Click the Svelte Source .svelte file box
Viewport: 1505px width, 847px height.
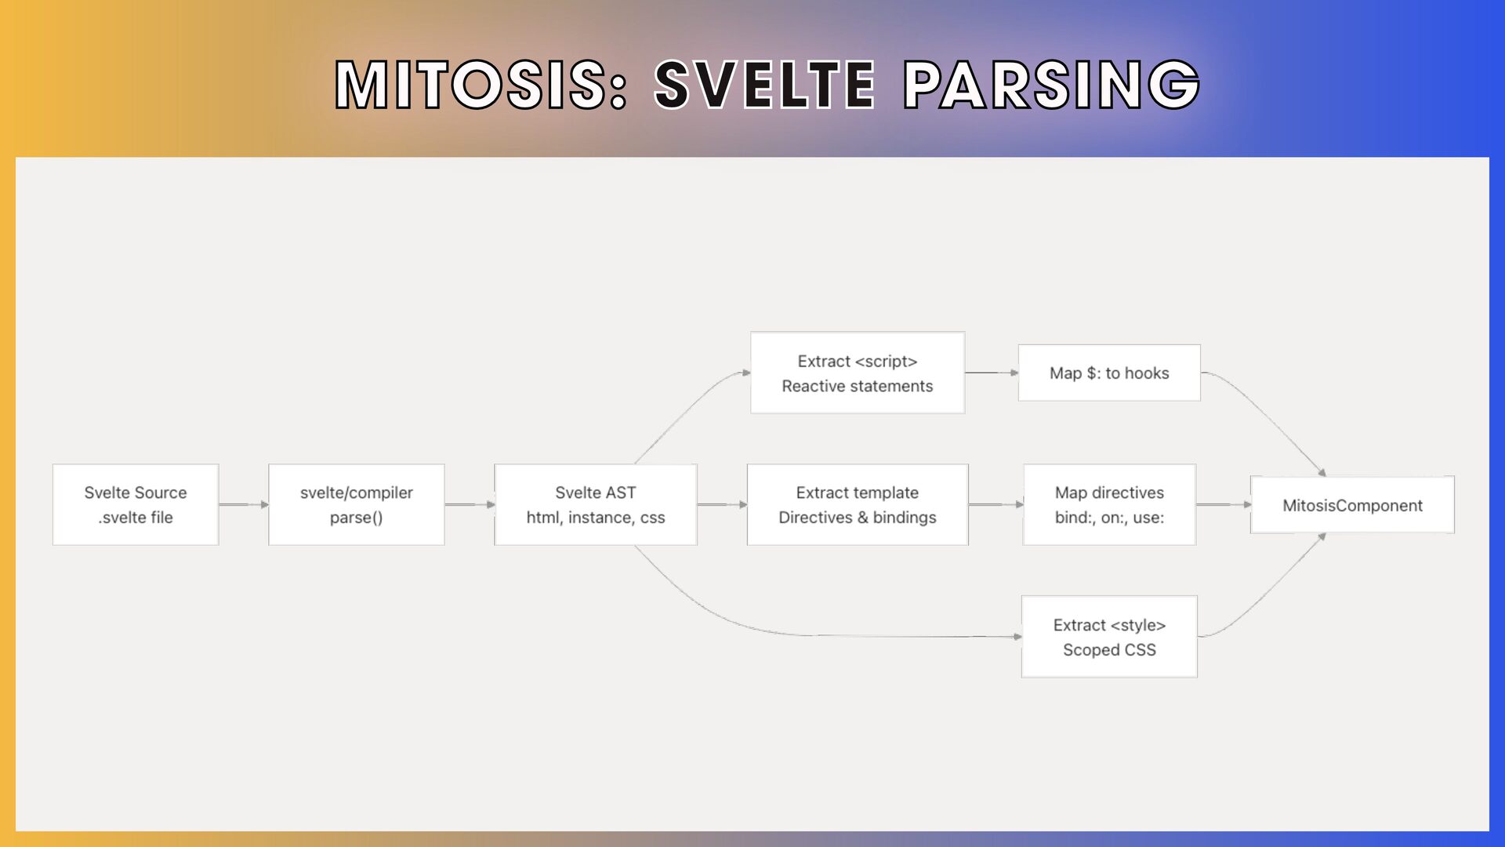[136, 504]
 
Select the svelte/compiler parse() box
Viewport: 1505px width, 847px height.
[357, 504]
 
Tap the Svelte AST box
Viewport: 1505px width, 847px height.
[596, 504]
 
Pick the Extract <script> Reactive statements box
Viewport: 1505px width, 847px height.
[858, 373]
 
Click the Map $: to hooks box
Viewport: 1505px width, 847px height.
[1109, 373]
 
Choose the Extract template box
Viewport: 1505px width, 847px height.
[858, 504]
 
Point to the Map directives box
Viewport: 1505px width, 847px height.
[1109, 504]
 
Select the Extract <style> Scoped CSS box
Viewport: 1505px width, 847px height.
[1109, 636]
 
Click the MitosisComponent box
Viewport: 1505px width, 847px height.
[1352, 504]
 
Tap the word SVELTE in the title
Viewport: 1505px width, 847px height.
[764, 84]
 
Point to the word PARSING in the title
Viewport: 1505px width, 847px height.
[1051, 84]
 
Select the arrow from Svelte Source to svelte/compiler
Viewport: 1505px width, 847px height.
[244, 504]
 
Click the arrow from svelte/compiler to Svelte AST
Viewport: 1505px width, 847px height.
[470, 504]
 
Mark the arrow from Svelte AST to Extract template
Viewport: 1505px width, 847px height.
[722, 504]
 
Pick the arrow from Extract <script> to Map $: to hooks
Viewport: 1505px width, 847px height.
[992, 373]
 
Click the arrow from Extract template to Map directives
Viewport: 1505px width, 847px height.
[995, 504]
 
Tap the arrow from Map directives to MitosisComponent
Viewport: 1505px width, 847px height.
[1223, 504]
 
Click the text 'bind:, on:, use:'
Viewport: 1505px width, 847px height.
[1109, 518]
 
